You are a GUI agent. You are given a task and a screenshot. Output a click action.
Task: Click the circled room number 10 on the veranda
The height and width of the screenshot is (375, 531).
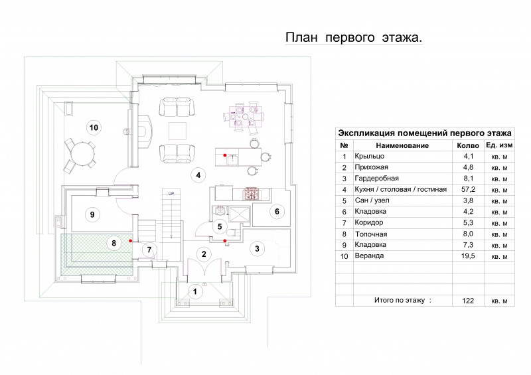(x=94, y=127)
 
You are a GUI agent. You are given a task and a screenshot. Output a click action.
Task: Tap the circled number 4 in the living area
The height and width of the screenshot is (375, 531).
(x=198, y=175)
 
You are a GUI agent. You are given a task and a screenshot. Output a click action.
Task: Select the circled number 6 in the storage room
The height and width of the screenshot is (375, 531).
(x=277, y=211)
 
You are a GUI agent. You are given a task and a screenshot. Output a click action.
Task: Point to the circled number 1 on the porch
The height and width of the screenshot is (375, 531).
(x=194, y=291)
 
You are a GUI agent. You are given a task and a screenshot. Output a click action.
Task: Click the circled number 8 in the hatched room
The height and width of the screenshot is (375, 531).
(x=114, y=242)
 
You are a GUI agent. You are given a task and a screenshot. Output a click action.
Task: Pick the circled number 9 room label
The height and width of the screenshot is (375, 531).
(x=92, y=214)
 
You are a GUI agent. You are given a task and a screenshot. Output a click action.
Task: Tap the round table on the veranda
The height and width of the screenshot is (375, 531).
(x=81, y=154)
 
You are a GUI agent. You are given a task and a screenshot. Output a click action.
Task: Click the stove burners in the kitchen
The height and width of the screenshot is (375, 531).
(x=251, y=194)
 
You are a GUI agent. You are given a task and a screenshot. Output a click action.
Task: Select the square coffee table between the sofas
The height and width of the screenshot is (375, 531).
(x=177, y=131)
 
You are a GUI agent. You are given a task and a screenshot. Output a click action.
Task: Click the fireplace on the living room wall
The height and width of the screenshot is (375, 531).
(x=145, y=131)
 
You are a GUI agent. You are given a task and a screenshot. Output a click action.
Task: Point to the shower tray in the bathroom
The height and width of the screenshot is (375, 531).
(x=240, y=214)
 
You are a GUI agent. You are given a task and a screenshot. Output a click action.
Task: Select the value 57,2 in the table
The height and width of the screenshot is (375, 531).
(x=468, y=189)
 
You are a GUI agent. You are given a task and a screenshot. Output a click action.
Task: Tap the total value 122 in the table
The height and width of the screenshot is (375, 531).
(x=468, y=301)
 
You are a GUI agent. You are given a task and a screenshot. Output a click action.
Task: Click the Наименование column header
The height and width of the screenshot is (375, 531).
(x=402, y=145)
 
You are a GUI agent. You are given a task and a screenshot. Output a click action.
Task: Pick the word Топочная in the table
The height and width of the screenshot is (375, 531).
(x=371, y=234)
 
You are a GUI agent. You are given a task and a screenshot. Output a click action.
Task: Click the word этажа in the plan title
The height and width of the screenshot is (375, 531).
(x=402, y=38)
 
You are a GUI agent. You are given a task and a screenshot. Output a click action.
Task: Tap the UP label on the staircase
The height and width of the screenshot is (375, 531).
(x=171, y=194)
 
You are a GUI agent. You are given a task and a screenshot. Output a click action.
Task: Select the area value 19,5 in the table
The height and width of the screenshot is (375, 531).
(x=468, y=256)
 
